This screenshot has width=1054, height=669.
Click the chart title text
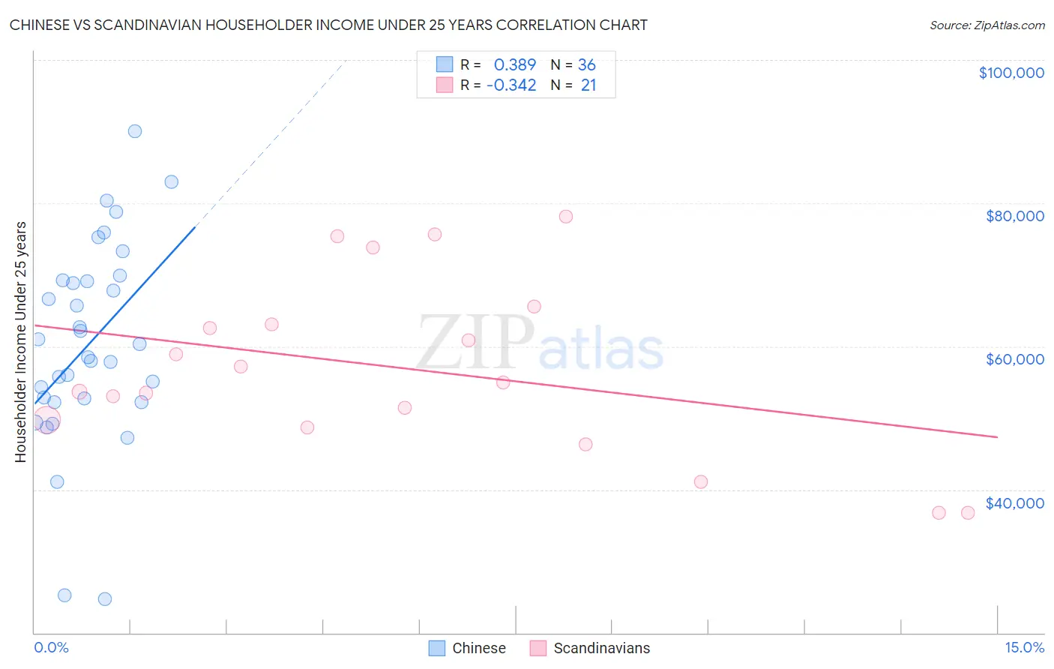tap(328, 25)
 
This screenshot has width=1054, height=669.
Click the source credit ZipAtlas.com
tap(987, 25)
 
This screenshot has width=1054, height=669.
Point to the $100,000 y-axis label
tap(1011, 73)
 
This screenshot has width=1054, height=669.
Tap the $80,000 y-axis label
tap(1014, 216)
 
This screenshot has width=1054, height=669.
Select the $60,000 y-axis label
tap(1014, 359)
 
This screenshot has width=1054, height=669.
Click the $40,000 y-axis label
tap(1014, 503)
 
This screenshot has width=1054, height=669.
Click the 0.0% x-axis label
tap(51, 648)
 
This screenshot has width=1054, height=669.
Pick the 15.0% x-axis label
tap(1024, 648)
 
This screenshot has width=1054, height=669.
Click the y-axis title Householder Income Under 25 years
tap(20, 341)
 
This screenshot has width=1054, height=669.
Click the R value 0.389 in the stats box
tap(515, 64)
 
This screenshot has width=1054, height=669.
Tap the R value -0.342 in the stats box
tap(511, 85)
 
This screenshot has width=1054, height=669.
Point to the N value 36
tap(586, 64)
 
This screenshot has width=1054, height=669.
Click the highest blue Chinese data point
tap(135, 131)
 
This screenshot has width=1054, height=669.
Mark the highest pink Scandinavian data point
tap(566, 217)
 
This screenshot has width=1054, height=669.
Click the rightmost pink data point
tap(968, 513)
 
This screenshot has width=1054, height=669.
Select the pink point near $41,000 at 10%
tap(701, 481)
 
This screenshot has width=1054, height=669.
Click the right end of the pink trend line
tap(997, 436)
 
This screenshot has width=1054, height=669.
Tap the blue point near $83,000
tap(172, 181)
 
